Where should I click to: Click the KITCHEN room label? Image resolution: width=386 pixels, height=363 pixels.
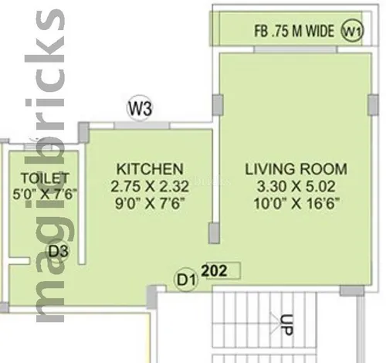coord(150,169)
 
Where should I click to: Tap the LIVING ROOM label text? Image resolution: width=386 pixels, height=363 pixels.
coord(296,169)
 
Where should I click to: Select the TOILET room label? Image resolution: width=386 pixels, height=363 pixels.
coord(45,178)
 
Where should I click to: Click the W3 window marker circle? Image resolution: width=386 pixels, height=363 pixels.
coord(140,108)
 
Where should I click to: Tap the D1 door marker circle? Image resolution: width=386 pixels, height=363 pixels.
coord(186,280)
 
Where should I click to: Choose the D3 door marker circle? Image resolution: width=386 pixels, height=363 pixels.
coord(58,251)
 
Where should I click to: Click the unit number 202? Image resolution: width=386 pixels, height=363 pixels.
coord(214,270)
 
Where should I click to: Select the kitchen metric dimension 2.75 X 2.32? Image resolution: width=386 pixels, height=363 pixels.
coord(150,186)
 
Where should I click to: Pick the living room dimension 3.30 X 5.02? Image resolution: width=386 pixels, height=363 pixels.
coord(296,186)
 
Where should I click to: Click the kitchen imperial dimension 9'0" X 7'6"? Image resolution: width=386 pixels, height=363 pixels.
coord(150,204)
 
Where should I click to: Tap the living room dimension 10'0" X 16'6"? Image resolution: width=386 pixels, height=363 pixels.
coord(296,203)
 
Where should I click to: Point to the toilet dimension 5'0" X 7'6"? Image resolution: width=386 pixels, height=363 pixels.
coord(45,194)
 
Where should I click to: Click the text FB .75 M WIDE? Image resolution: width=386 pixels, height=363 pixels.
coord(294,31)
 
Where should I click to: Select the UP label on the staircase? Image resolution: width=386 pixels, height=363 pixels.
coord(286,325)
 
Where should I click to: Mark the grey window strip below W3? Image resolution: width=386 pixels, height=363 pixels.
coord(141,125)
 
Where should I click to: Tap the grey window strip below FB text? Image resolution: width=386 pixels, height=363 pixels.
coord(295,49)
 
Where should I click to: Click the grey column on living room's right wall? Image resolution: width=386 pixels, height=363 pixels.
coord(373,105)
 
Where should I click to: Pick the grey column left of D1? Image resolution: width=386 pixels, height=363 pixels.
coord(152,297)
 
